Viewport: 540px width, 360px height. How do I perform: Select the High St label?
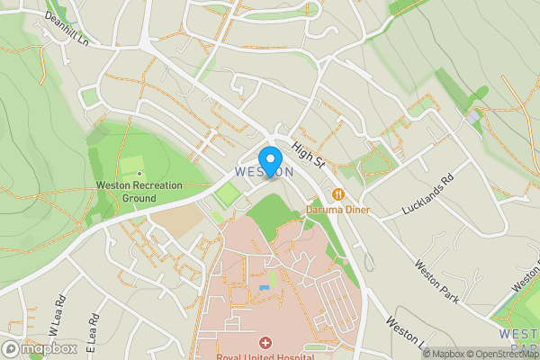308,157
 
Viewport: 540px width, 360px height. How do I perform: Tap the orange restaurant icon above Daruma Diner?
337,193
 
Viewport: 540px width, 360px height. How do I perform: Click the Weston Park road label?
437,280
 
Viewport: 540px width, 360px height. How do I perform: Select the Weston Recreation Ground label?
139,191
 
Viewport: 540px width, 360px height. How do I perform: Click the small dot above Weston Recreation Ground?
139,172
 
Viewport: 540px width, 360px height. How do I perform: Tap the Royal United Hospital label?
265,356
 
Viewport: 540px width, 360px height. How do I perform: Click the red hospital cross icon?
265,343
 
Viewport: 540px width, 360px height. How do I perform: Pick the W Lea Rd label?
56,311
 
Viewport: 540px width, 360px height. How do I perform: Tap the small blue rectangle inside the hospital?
263,287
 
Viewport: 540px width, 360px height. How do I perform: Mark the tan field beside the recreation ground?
191,224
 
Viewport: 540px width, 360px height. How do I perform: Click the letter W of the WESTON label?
239,171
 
